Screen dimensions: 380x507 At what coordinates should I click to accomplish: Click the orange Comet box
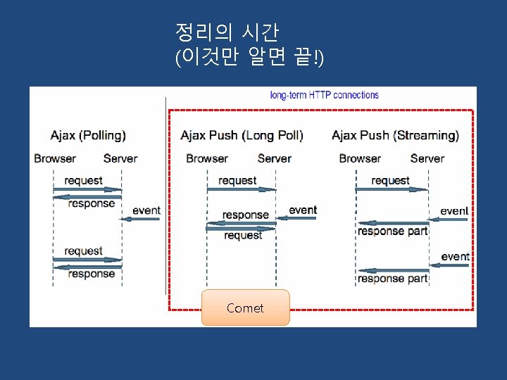coord(245,308)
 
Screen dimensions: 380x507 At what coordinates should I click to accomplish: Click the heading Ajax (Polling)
coord(88,134)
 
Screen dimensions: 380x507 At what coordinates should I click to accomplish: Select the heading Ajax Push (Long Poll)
coord(242,134)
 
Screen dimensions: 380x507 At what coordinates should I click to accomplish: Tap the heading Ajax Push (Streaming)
coord(395,134)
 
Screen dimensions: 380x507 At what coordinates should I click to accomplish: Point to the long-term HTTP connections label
coord(325,95)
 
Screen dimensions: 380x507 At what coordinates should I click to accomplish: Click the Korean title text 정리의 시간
coord(227,32)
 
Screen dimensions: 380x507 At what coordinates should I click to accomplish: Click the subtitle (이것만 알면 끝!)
coord(249,58)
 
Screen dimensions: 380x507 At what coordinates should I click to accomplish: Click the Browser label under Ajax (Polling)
coord(55,158)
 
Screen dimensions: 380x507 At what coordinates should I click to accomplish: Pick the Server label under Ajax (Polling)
coord(120,158)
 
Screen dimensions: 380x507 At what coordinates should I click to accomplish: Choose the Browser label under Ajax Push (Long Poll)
coord(207,158)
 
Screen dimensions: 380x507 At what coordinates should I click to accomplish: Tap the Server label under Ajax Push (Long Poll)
coord(274,158)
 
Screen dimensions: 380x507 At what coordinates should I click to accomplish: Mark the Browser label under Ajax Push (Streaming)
coord(360,158)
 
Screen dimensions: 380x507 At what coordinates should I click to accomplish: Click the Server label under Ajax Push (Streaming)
coord(427,158)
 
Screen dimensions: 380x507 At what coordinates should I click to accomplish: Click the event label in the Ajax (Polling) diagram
coord(146,210)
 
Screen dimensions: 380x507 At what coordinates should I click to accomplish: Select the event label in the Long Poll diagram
coord(303,210)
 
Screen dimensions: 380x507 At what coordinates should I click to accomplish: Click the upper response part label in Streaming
coord(392,231)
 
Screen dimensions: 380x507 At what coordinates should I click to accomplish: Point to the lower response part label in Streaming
coord(392,278)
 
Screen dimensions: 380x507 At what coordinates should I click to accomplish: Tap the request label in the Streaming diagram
coord(390,180)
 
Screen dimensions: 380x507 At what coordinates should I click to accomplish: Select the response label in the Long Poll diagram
coord(246,215)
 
